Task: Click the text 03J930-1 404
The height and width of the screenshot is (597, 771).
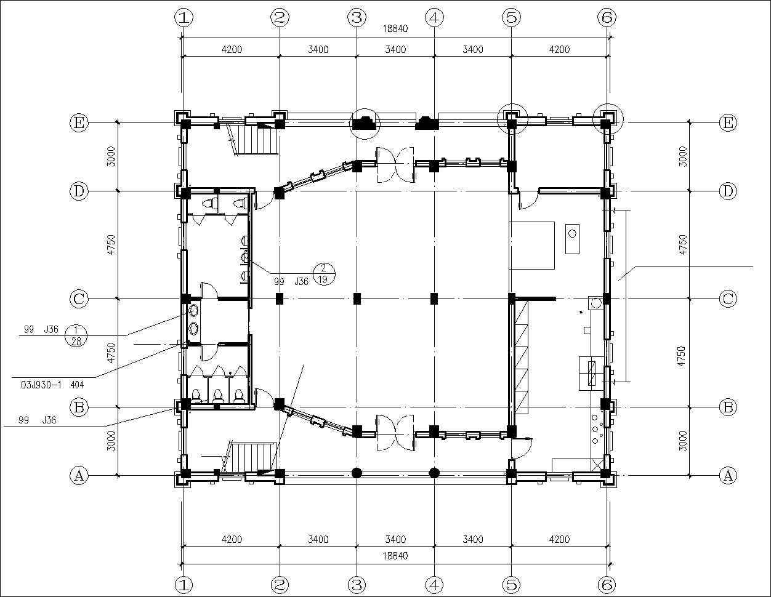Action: point(52,385)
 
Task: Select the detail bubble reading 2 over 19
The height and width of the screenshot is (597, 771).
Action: point(323,274)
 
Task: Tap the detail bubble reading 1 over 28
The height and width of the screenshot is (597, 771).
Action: point(76,335)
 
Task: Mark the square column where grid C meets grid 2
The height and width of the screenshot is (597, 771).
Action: point(280,299)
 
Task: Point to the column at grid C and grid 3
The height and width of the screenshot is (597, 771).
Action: point(357,299)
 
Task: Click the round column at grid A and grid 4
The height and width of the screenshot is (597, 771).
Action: point(434,473)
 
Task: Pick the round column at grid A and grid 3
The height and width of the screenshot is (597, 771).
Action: point(357,473)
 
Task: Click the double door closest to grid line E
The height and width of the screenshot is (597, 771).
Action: point(395,165)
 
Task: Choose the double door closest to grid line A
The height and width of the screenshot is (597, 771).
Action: point(395,433)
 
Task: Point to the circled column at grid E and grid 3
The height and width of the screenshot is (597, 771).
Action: point(363,122)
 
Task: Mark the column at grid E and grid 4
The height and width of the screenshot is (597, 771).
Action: point(427,123)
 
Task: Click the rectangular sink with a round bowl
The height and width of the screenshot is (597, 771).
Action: point(572,239)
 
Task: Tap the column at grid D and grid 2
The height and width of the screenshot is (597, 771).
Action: point(279,193)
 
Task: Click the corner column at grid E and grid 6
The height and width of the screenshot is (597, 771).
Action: point(606,123)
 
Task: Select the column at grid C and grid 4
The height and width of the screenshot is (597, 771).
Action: point(434,299)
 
